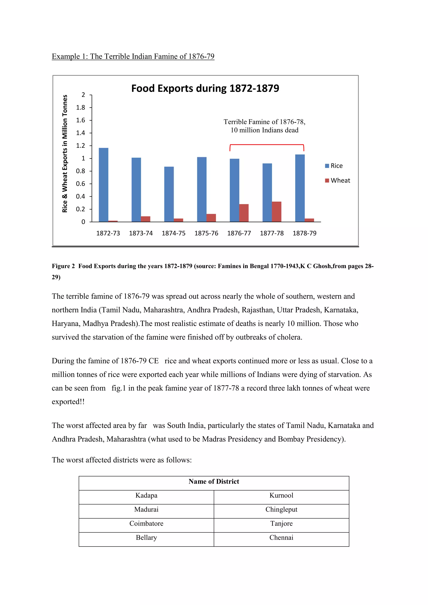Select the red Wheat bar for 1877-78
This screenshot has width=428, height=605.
(276, 212)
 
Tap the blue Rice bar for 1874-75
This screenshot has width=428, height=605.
(169, 194)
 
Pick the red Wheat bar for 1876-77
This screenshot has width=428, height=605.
(244, 213)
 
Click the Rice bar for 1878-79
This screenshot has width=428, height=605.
(300, 188)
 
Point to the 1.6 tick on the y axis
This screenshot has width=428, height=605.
(81, 120)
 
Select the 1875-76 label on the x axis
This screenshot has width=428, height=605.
(206, 233)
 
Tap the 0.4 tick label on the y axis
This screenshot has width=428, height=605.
(81, 197)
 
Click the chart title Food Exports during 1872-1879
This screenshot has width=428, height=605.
(205, 89)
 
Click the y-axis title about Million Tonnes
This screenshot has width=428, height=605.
(65, 154)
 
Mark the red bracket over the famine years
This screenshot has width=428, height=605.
(267, 145)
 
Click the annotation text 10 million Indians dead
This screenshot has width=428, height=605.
(264, 130)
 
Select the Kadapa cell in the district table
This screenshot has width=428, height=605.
(146, 495)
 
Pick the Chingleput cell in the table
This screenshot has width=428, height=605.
(281, 509)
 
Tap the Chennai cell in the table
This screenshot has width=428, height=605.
(281, 538)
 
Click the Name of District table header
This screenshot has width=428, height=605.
(214, 481)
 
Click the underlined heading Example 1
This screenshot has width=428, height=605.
(133, 56)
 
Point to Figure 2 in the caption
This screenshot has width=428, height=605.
(63, 266)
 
